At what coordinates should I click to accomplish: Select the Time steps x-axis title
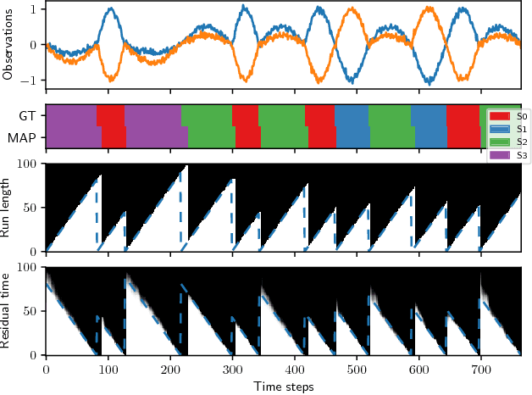click(x=284, y=387)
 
